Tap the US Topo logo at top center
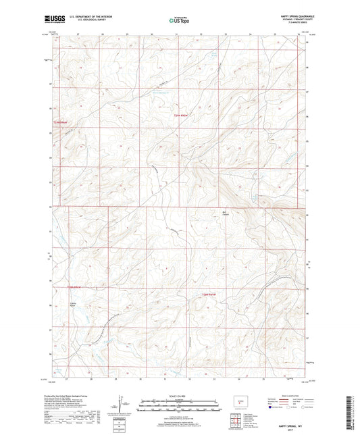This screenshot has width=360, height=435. point(178,21)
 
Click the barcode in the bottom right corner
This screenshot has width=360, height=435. point(353,412)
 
